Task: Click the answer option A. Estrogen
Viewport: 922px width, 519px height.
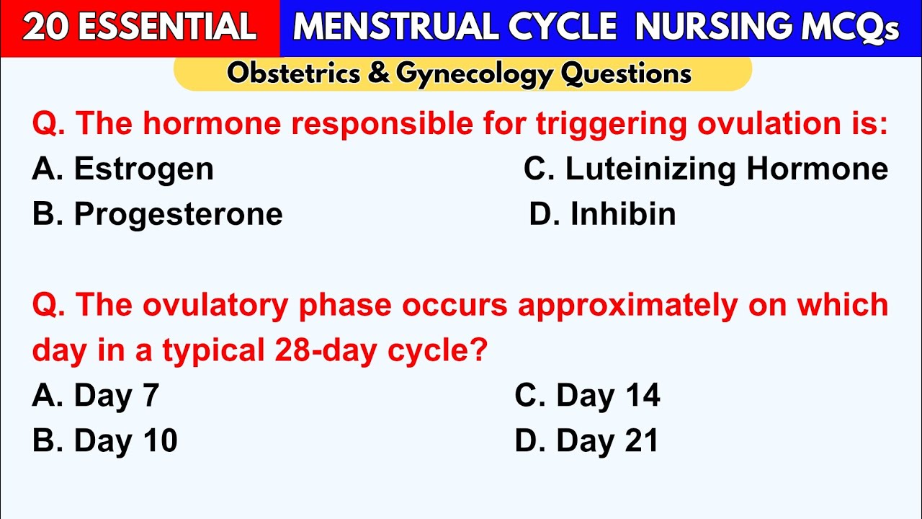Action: pyautogui.click(x=123, y=169)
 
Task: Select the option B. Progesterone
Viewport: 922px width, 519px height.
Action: pyautogui.click(x=157, y=214)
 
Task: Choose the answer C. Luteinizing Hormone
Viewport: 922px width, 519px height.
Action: pyautogui.click(x=705, y=169)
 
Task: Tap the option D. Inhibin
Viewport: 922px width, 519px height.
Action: pyautogui.click(x=602, y=214)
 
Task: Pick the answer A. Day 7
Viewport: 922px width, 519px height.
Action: pyautogui.click(x=95, y=396)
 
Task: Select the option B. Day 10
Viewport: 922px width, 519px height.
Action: pyautogui.click(x=104, y=440)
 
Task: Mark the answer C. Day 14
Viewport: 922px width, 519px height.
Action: pyautogui.click(x=587, y=396)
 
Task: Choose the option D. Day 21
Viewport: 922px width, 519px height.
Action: pyautogui.click(x=586, y=440)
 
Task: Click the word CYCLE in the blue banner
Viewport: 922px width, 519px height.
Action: pyautogui.click(x=562, y=27)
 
